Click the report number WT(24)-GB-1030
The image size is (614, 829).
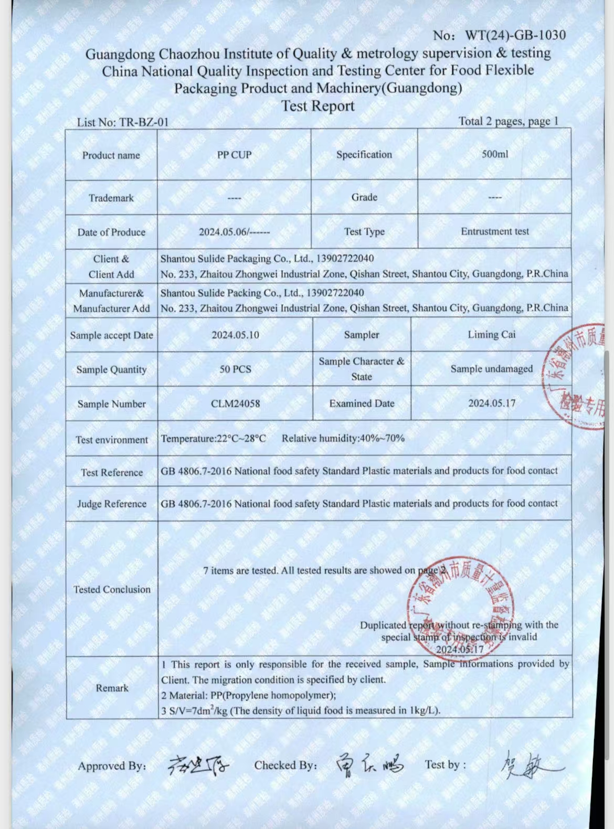coord(515,36)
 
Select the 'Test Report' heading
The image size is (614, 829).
coord(318,106)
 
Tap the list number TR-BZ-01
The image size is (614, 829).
coord(123,122)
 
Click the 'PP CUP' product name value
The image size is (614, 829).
coord(234,155)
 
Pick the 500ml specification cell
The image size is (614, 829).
coord(495,154)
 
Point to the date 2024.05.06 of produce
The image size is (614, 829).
coord(234,232)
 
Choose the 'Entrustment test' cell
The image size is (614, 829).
coord(495,231)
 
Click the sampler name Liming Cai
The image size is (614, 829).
coord(492,334)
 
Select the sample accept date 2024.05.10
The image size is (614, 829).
coord(235,335)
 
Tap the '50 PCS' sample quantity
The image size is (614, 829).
coord(235,369)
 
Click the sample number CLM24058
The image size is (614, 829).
coord(235,403)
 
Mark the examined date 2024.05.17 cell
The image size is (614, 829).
coord(492,403)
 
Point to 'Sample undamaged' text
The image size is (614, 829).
coord(492,369)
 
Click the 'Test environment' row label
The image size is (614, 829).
coord(112,440)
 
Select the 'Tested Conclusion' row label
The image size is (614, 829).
coord(112,589)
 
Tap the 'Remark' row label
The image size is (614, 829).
coord(112,688)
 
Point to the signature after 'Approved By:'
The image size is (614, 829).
coord(198,766)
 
